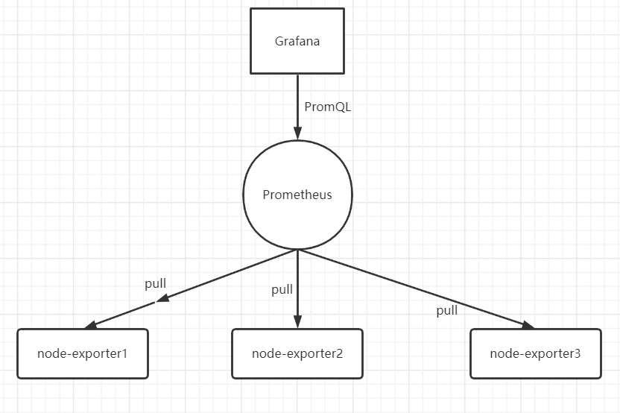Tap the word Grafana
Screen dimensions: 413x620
coord(297,41)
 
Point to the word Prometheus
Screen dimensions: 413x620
coord(297,195)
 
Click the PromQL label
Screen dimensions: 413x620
coord(327,107)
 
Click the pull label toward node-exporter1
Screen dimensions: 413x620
coord(155,283)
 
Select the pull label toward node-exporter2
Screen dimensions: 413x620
coord(282,290)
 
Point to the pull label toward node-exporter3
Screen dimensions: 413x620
coord(447,311)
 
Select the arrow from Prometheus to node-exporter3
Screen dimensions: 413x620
coord(417,289)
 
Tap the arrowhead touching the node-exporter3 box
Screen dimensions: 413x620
coord(528,324)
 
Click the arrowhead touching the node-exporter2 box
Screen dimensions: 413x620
coord(297,322)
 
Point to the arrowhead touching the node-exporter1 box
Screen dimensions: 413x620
coord(91,325)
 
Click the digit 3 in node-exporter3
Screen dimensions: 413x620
coord(578,353)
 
